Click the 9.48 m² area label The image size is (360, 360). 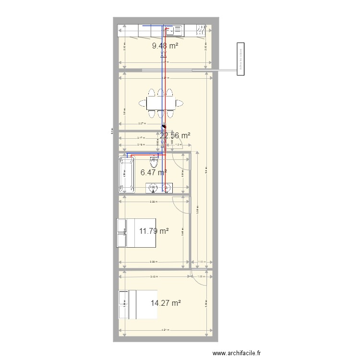(x=165, y=46)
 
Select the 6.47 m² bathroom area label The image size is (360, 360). (x=154, y=171)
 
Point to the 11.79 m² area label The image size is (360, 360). (x=154, y=231)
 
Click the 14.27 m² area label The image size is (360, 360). (x=166, y=303)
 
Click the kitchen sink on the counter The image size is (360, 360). (x=172, y=31)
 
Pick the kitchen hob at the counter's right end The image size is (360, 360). (x=201, y=31)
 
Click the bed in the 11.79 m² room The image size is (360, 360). (x=136, y=233)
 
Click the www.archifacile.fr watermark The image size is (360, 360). (x=238, y=354)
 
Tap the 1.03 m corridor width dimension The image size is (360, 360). (x=202, y=262)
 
